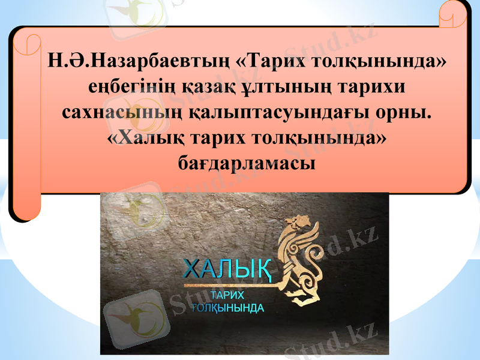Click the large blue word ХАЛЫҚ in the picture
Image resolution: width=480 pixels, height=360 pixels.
[227, 269]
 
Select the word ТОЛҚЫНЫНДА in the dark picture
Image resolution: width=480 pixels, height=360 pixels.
[227, 308]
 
